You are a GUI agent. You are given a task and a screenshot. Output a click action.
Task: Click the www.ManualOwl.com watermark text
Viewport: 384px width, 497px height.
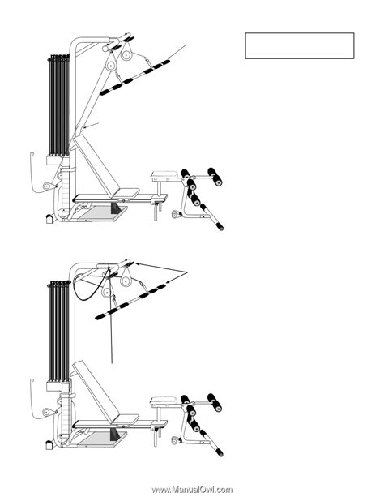[x=192, y=490]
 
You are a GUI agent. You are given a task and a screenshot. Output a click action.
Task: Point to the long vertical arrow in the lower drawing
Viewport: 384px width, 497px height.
[x=111, y=315]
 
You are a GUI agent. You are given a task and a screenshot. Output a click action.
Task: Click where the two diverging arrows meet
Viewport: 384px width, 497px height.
[x=187, y=272]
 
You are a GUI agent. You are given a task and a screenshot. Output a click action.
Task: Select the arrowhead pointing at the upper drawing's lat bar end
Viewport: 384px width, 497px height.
[x=169, y=58]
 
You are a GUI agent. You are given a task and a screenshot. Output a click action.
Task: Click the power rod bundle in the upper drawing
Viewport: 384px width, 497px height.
[x=59, y=105]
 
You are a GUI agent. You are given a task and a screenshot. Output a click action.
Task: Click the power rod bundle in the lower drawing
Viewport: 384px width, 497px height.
[x=59, y=331]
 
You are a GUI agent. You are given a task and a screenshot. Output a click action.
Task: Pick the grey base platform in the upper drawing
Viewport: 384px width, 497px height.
[x=102, y=213]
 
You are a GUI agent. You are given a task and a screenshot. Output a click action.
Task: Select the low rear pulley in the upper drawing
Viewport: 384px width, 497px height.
[x=47, y=186]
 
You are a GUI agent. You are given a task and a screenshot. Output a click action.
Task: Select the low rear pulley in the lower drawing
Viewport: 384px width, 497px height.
[x=47, y=412]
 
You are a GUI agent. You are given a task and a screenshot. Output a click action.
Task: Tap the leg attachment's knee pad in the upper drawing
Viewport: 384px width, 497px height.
[x=164, y=174]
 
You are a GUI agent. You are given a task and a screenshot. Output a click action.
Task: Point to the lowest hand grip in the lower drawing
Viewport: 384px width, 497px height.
[x=211, y=443]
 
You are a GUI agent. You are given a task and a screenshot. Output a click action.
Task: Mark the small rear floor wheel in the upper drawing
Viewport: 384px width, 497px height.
[x=49, y=219]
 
